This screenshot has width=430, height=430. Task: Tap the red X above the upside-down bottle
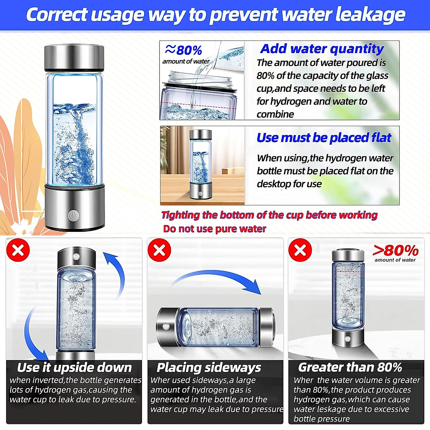pyautogui.click(x=18, y=250)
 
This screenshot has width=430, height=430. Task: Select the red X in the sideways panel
pyautogui.click(x=159, y=250)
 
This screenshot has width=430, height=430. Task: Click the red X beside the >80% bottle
pyautogui.click(x=300, y=250)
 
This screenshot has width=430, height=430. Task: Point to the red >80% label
pyautogui.click(x=395, y=250)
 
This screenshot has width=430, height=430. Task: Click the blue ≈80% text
pyautogui.click(x=183, y=50)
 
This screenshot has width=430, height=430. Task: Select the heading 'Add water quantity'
pyautogui.click(x=322, y=48)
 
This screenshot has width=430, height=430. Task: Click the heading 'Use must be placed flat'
pyautogui.click(x=324, y=138)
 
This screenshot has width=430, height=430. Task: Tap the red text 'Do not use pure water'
pyautogui.click(x=214, y=229)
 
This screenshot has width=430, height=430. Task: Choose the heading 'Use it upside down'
pyautogui.click(x=75, y=368)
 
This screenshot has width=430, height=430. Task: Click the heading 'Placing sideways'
pyautogui.click(x=209, y=368)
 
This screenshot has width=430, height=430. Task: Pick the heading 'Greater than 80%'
pyautogui.click(x=350, y=368)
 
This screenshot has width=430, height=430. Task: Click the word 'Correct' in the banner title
pyautogui.click(x=57, y=15)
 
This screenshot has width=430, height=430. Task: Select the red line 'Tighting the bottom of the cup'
pyautogui.click(x=269, y=215)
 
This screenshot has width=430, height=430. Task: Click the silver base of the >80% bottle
pyautogui.click(x=347, y=338)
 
